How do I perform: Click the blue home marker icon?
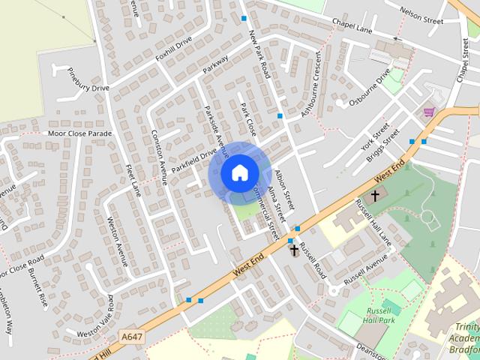coord(239,172)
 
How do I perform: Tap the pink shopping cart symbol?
coord(429,112)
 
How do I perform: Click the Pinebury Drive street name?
coord(88,82)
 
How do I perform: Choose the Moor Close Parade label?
coord(79,133)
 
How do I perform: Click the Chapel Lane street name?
coord(355,29)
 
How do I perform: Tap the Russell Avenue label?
coord(365,268)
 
